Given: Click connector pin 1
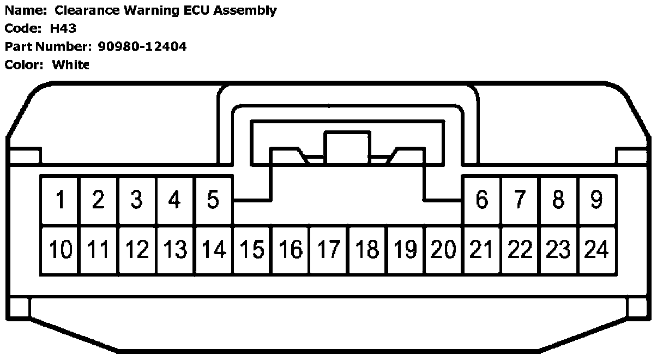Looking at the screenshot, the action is [61, 200].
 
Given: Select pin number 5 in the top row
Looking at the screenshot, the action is [213, 200].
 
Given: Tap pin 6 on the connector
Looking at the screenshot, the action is [481, 200].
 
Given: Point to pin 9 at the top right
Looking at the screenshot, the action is [596, 200].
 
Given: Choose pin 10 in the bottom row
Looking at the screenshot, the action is [61, 250].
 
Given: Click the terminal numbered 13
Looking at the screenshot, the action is [176, 250].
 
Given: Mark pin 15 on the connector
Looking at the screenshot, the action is [252, 250].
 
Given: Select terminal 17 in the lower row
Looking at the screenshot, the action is [329, 250].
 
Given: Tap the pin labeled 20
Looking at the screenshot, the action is [443, 250].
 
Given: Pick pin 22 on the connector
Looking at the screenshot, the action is [520, 250].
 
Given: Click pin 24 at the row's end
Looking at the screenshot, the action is [596, 250].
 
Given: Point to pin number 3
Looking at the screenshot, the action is [137, 200].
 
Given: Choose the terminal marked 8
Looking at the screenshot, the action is [558, 200].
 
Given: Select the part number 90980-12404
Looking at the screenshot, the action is [142, 46].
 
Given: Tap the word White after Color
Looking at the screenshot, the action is [70, 65].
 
